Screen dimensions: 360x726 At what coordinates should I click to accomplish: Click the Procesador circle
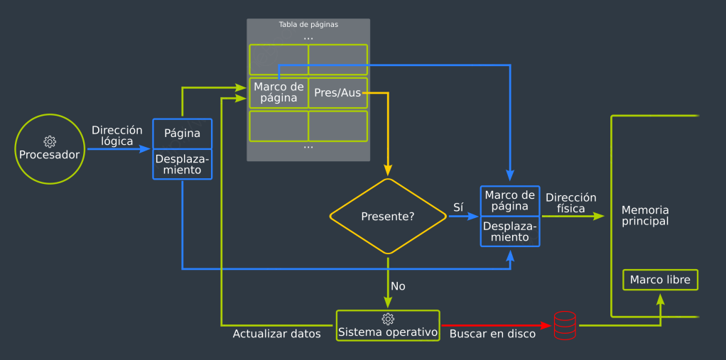49,149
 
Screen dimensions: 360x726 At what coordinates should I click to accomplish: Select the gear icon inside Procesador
49,141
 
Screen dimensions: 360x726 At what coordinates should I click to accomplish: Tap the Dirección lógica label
117,136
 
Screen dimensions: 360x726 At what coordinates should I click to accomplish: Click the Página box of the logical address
183,133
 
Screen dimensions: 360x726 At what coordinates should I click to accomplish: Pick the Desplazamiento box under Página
183,165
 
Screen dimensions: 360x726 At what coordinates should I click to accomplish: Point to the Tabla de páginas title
308,24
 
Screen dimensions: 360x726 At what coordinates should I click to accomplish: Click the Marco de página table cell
278,92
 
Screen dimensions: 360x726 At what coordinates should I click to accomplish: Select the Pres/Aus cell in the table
337,93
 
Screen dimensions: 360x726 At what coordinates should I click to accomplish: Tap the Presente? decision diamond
388,217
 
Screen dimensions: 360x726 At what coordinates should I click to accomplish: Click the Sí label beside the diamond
458,207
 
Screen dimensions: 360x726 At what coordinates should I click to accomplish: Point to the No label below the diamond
398,286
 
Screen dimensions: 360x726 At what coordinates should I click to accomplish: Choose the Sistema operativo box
388,325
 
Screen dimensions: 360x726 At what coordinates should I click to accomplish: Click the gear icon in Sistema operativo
388,319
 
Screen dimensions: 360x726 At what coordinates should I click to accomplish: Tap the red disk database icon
565,325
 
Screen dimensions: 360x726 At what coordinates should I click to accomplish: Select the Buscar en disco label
493,334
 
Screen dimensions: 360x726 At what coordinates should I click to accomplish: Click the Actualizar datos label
277,334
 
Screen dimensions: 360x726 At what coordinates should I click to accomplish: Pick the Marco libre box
660,280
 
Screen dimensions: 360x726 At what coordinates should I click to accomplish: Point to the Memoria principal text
645,216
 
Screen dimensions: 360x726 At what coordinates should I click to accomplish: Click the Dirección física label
571,203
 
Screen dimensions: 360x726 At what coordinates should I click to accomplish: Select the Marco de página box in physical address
509,201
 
